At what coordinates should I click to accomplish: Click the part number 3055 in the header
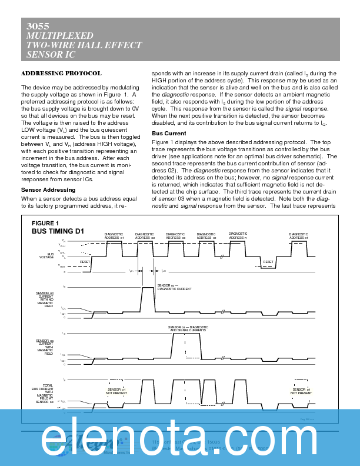(38, 26)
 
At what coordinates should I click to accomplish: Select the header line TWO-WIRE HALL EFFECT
(84, 45)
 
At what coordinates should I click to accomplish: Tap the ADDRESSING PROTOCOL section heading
(61, 74)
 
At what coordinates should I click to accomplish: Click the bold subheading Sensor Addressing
(48, 190)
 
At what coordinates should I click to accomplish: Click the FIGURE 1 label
(45, 223)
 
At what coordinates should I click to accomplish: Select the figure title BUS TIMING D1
(58, 231)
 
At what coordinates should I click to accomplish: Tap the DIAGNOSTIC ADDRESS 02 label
(144, 235)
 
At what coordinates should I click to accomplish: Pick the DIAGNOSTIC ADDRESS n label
(238, 235)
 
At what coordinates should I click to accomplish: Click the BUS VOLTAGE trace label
(46, 255)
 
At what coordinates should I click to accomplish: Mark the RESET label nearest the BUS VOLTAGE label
(85, 261)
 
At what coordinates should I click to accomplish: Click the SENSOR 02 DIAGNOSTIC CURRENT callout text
(175, 287)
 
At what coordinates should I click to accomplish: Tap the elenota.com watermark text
(180, 439)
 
